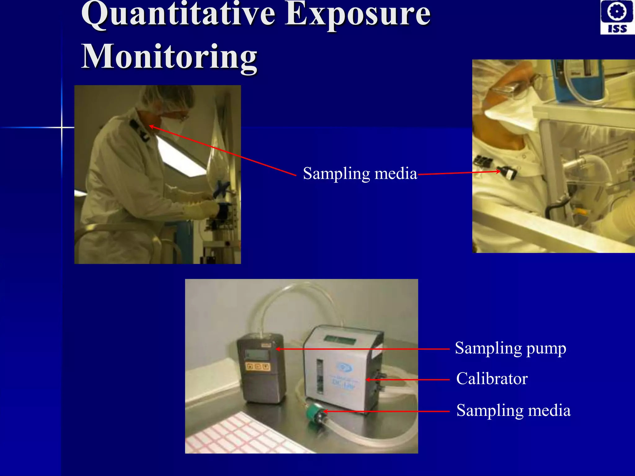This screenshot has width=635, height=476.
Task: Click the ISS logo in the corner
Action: pyautogui.click(x=617, y=17)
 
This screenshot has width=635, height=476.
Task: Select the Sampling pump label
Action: pyautogui.click(x=510, y=348)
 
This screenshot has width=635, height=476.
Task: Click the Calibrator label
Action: pyautogui.click(x=492, y=379)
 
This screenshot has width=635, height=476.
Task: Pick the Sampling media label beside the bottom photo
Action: pyautogui.click(x=513, y=411)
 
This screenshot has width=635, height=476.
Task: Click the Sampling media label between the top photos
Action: pyautogui.click(x=360, y=174)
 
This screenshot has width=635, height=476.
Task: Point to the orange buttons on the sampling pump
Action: pyautogui.click(x=258, y=367)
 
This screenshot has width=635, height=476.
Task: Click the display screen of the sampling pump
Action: pyautogui.click(x=256, y=354)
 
